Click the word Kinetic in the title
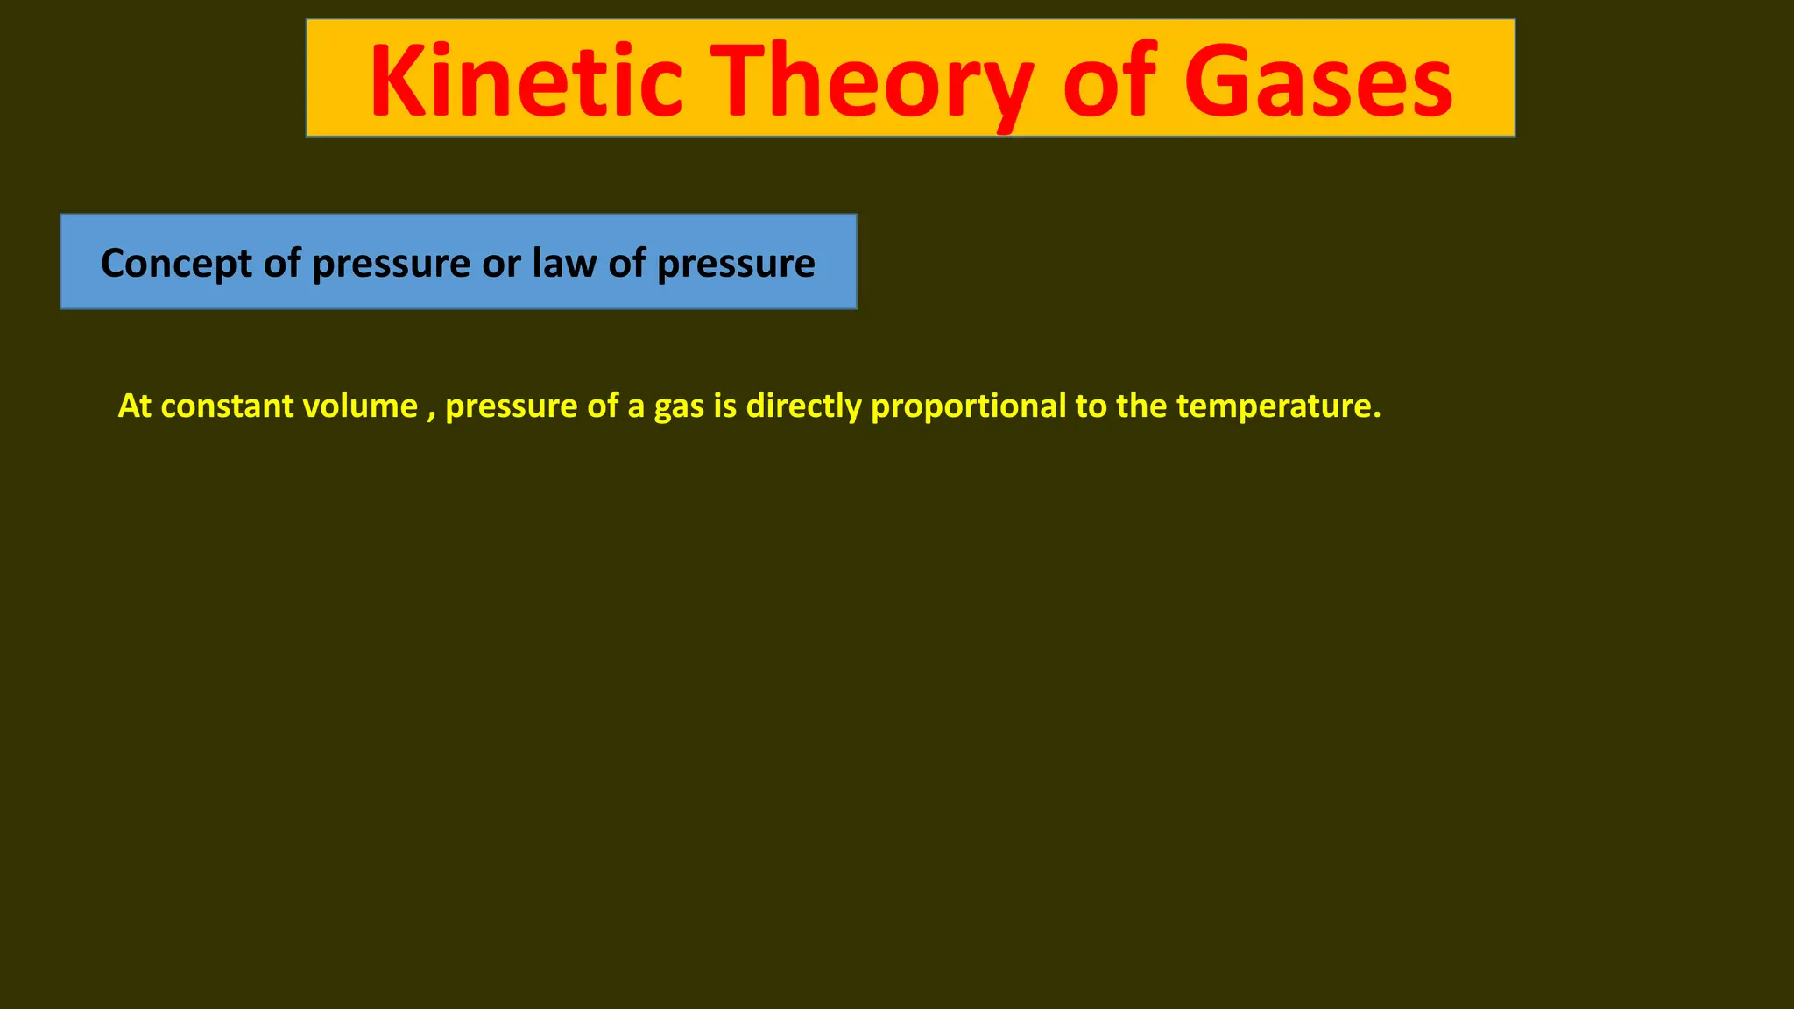(x=526, y=81)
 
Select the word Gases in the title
(x=1317, y=81)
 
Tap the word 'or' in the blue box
(x=501, y=264)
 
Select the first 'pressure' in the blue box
(x=391, y=264)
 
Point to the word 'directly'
(x=803, y=406)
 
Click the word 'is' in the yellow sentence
(x=724, y=406)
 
